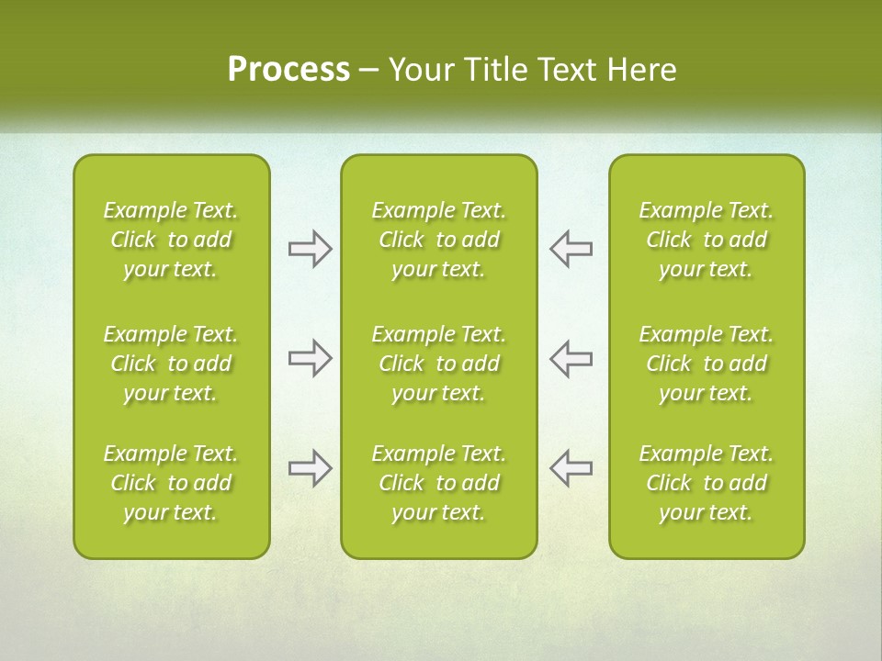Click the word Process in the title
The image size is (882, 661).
pyautogui.click(x=288, y=70)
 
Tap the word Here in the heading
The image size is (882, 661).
pyautogui.click(x=641, y=70)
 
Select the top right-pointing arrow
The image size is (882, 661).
pyautogui.click(x=311, y=249)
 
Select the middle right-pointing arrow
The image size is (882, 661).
pyautogui.click(x=311, y=358)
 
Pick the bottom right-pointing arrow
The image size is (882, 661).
pyautogui.click(x=311, y=468)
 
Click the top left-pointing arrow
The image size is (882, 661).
pyautogui.click(x=571, y=249)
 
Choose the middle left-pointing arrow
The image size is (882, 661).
pyautogui.click(x=571, y=358)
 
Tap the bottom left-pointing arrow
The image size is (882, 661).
pyautogui.click(x=571, y=468)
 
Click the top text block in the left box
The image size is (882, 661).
pyautogui.click(x=171, y=240)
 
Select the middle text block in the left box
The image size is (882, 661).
pyautogui.click(x=171, y=364)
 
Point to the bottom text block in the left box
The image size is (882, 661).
pyautogui.click(x=171, y=483)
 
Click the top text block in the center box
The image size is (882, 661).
pyautogui.click(x=438, y=240)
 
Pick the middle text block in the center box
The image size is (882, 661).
pyautogui.click(x=438, y=364)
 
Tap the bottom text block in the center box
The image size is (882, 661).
pyautogui.click(x=438, y=483)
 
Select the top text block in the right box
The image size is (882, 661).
pyautogui.click(x=706, y=240)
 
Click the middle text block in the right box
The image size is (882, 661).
pyautogui.click(x=706, y=364)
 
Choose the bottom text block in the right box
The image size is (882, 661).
pyautogui.click(x=706, y=483)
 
